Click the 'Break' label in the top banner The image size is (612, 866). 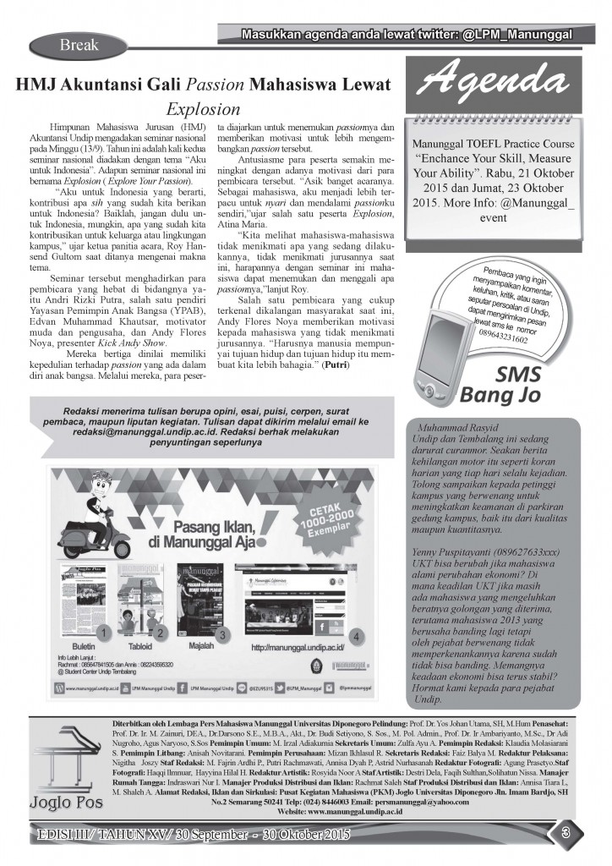(79, 44)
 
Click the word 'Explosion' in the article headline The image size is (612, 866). (203, 109)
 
